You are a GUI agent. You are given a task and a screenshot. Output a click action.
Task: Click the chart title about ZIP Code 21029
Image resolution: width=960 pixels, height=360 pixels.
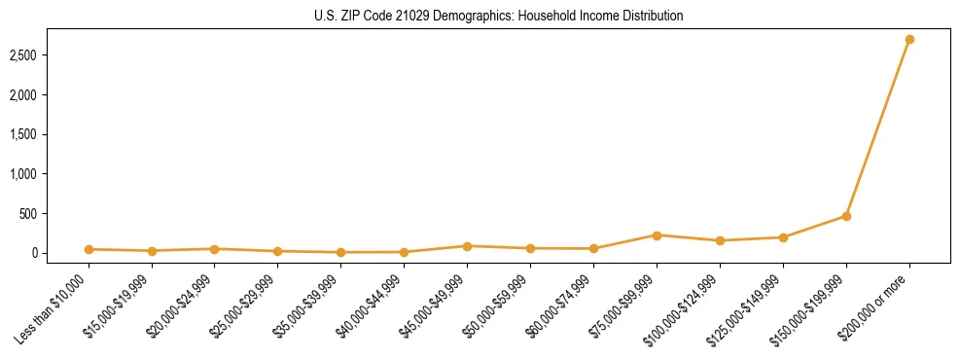pos(498,16)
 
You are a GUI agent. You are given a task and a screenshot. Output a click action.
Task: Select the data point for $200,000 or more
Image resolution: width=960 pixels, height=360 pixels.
pos(909,40)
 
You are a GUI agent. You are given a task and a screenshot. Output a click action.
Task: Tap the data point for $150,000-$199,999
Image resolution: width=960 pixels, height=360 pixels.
pos(846,216)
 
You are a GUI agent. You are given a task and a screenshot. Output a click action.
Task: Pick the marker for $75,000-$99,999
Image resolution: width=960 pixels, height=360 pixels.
pos(658,235)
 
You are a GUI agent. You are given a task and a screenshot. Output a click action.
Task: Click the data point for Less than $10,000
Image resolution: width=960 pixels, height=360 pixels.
pos(89,249)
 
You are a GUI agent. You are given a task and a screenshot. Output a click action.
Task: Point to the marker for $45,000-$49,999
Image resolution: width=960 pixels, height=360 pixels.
pos(468,246)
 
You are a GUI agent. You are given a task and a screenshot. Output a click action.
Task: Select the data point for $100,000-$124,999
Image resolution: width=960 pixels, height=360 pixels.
pos(720,240)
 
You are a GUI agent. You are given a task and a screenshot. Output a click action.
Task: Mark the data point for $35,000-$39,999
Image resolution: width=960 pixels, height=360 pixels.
pos(341,252)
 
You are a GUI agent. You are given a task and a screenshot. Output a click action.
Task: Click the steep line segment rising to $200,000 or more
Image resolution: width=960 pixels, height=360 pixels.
pos(878,127)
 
